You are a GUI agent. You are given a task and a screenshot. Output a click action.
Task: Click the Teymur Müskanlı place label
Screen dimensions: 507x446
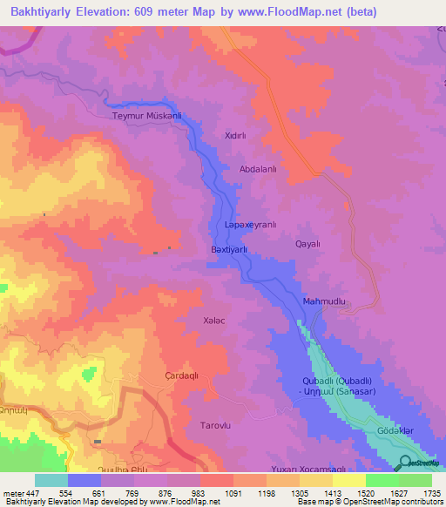[x=147, y=115]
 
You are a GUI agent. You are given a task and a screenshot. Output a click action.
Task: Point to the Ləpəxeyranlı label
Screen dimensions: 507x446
[x=250, y=225]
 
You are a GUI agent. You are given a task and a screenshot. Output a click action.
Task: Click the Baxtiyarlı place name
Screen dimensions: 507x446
[x=230, y=249]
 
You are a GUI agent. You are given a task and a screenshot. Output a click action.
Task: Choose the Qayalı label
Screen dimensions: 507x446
[x=308, y=244]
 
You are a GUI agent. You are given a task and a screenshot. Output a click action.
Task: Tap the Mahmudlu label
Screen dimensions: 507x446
[x=324, y=301]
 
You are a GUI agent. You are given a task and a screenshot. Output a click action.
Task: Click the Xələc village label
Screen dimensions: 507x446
[x=214, y=321]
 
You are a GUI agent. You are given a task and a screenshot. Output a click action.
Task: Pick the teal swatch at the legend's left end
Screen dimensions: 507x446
[x=51, y=480]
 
